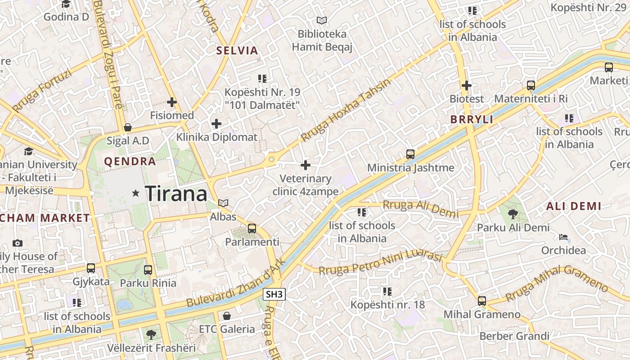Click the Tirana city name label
tap(176, 194)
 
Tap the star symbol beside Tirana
tap(135, 193)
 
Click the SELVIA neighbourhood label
tap(237, 50)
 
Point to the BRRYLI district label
tap(472, 120)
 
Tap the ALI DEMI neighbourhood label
tap(573, 207)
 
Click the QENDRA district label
tap(130, 161)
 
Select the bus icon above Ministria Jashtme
tap(410, 154)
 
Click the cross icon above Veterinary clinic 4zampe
tap(306, 165)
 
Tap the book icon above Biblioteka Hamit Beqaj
tap(321, 20)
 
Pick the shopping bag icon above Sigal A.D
tap(128, 127)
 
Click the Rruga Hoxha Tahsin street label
tap(346, 110)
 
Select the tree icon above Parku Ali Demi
tap(513, 214)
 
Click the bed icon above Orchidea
tap(563, 237)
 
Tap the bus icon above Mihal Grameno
tap(482, 301)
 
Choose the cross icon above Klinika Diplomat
tap(216, 124)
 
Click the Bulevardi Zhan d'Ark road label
tap(236, 284)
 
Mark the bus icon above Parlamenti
tap(252, 229)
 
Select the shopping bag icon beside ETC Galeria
tap(227, 315)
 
